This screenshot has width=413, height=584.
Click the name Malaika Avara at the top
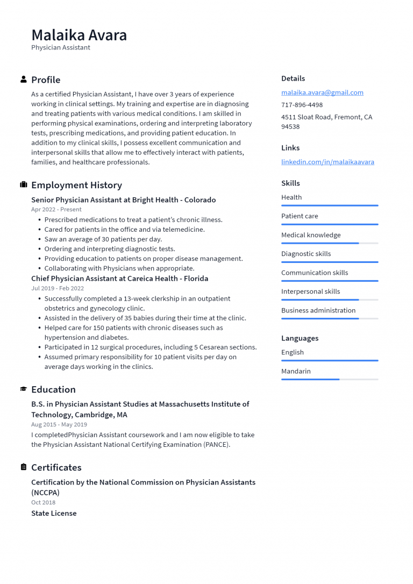click(79, 35)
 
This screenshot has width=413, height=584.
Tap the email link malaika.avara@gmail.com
click(322, 92)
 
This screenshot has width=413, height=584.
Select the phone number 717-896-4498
click(302, 105)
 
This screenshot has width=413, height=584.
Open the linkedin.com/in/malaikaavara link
click(327, 162)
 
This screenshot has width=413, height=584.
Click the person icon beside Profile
click(24, 80)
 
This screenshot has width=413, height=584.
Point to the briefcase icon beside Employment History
click(24, 185)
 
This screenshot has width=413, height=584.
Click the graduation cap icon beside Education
click(24, 389)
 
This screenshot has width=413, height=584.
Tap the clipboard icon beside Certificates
click(24, 467)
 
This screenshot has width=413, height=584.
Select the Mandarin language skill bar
click(329, 379)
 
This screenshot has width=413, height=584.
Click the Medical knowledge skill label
click(311, 235)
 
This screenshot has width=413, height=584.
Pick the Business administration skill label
click(318, 310)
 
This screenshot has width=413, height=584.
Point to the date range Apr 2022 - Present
click(56, 209)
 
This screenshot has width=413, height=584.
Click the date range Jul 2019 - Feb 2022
click(58, 288)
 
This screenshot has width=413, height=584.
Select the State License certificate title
click(54, 513)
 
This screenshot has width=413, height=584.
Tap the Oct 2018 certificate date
click(43, 502)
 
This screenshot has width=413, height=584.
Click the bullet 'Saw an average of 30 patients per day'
click(103, 239)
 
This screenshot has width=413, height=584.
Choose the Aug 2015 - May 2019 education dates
click(60, 424)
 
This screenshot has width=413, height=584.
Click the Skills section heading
click(290, 183)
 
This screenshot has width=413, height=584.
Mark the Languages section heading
click(300, 338)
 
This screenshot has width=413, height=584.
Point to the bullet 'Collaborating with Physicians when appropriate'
click(119, 268)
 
